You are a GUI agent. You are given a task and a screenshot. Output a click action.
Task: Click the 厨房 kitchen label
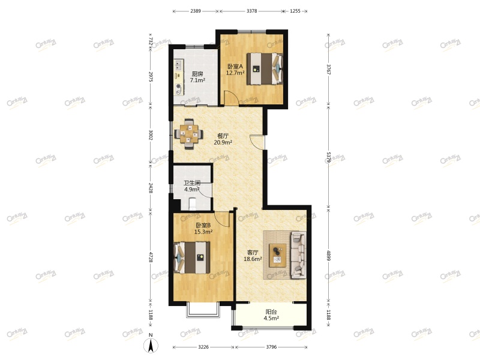pyautogui.click(x=197, y=74)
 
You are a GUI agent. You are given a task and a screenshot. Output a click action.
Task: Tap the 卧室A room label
pyautogui.click(x=235, y=67)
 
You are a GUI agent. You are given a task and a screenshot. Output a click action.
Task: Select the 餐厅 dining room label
pyautogui.click(x=223, y=136)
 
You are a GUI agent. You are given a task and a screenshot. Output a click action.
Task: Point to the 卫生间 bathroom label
pyautogui.click(x=191, y=183)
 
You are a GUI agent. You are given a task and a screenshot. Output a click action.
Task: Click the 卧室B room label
pyautogui.click(x=203, y=225)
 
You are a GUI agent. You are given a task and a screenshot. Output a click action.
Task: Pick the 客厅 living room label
pyautogui.click(x=253, y=252)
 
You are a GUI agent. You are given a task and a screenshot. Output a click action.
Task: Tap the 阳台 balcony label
pyautogui.click(x=271, y=311)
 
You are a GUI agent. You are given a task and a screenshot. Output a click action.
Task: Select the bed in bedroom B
pyautogui.click(x=191, y=257)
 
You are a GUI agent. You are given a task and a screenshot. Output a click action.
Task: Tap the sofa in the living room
pyautogui.click(x=298, y=256)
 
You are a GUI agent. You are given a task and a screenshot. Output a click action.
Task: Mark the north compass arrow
pyautogui.click(x=152, y=345)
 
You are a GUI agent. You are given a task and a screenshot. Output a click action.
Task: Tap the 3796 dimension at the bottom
pyautogui.click(x=272, y=347)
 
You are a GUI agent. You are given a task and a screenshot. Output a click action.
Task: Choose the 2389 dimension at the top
pyautogui.click(x=196, y=11)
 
